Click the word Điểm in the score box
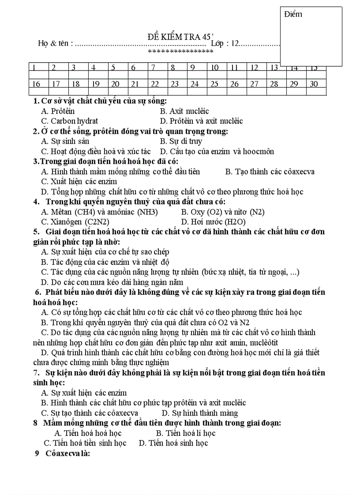tap(293, 14)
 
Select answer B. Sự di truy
tap(181, 141)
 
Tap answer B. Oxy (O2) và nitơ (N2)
tap(222, 212)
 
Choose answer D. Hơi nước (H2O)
tap(213, 222)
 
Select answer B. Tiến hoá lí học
tap(186, 433)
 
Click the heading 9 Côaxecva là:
tap(62, 453)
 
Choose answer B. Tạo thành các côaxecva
tap(270, 171)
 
